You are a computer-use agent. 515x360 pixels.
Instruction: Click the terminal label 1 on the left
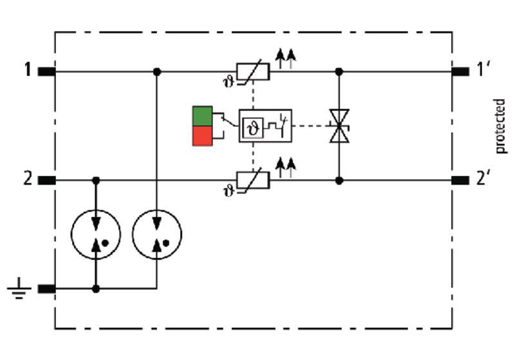tap(28, 70)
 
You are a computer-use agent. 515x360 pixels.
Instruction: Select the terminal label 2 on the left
tap(28, 179)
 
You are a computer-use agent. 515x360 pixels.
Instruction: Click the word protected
tap(500, 126)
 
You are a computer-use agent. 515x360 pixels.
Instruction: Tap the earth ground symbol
tap(19, 289)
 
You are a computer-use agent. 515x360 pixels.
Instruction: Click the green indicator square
tap(202, 117)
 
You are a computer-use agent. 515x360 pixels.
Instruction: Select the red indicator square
tap(202, 136)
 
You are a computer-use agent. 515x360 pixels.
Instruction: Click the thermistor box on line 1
tap(253, 71)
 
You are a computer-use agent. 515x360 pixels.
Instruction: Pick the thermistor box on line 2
tap(253, 180)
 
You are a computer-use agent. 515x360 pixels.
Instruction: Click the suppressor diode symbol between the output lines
tap(339, 126)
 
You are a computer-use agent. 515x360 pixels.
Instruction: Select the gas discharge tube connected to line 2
tap(96, 234)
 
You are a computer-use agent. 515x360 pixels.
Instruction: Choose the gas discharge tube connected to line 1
tap(157, 234)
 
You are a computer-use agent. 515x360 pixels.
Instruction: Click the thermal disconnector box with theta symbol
tap(265, 126)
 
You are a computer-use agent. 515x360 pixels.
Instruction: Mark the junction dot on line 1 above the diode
tap(339, 71)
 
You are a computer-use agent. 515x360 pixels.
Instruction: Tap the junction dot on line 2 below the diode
tap(339, 180)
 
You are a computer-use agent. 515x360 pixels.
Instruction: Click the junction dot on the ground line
tap(96, 289)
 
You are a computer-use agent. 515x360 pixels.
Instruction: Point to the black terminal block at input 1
tap(46, 71)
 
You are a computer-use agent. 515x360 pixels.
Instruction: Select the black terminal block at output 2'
tap(460, 180)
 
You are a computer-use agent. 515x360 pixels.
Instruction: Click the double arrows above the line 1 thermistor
tap(286, 59)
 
